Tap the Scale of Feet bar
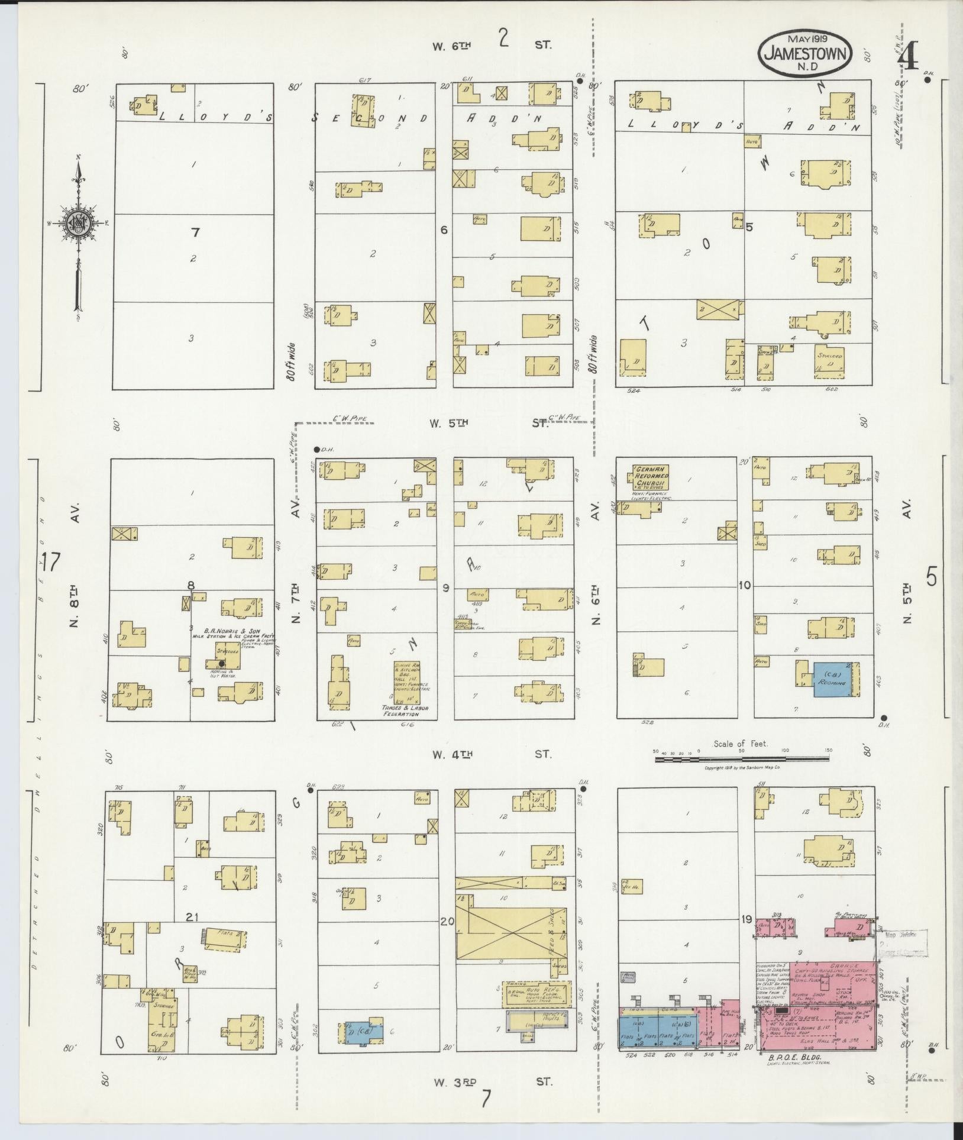coord(742,759)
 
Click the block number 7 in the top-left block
coord(195,232)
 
